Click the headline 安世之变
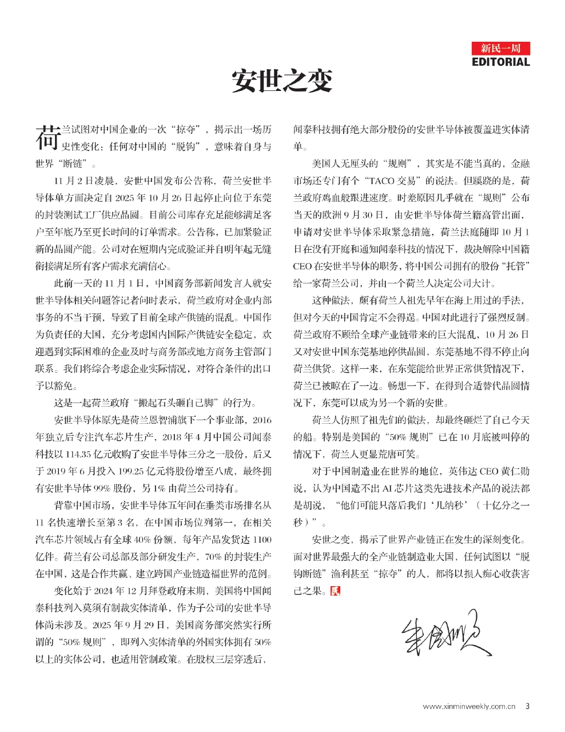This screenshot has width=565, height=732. tap(282, 81)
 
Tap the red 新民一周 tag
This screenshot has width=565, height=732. tap(501, 48)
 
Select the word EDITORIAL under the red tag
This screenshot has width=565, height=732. tap(501, 62)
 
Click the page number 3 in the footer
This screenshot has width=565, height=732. tap(527, 706)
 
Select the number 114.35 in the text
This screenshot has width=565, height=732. tap(79, 454)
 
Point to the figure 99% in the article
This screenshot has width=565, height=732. tap(109, 488)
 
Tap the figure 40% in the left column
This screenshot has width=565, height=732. tap(148, 539)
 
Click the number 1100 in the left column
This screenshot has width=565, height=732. tap(262, 539)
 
